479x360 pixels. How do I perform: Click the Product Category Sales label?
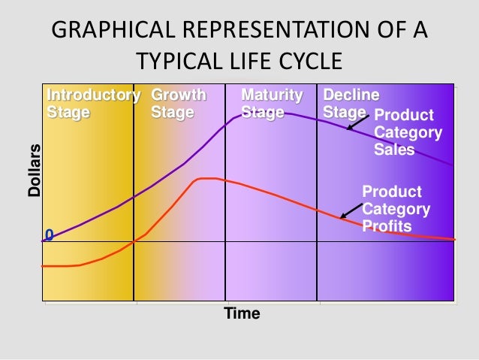point(407,132)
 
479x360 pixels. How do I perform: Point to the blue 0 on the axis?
point(49,235)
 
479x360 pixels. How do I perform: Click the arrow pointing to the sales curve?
point(357,123)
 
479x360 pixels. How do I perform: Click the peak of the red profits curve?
point(206,178)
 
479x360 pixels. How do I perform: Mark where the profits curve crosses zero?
point(134,241)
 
